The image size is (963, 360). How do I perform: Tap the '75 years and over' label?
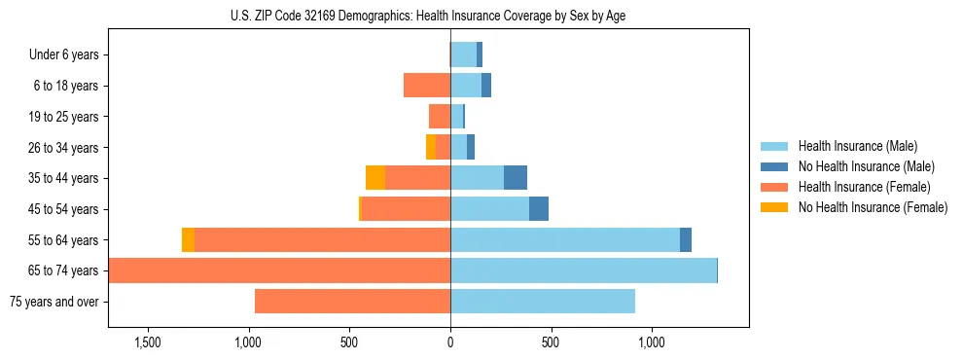pos(53,302)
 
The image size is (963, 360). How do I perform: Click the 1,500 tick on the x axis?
pos(148,342)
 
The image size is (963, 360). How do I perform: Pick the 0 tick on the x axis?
pos(450,342)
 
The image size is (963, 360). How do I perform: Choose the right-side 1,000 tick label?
pos(651,342)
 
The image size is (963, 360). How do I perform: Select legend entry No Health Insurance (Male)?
pos(866,166)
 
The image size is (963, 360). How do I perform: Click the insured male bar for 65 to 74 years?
pos(583,270)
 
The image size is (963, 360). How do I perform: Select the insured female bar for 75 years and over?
pos(352,302)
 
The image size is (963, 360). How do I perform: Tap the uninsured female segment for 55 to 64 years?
pos(188,239)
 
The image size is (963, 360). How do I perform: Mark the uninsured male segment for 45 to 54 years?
pos(539,209)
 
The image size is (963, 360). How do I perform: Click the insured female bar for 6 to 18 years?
pos(427,86)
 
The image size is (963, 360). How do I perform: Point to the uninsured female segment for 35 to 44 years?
pos(375,178)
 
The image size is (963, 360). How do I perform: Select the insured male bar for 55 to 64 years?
pos(564,239)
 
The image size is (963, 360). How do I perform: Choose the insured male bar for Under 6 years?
pos(463,54)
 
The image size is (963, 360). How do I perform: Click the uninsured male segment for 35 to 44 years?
pos(516,178)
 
